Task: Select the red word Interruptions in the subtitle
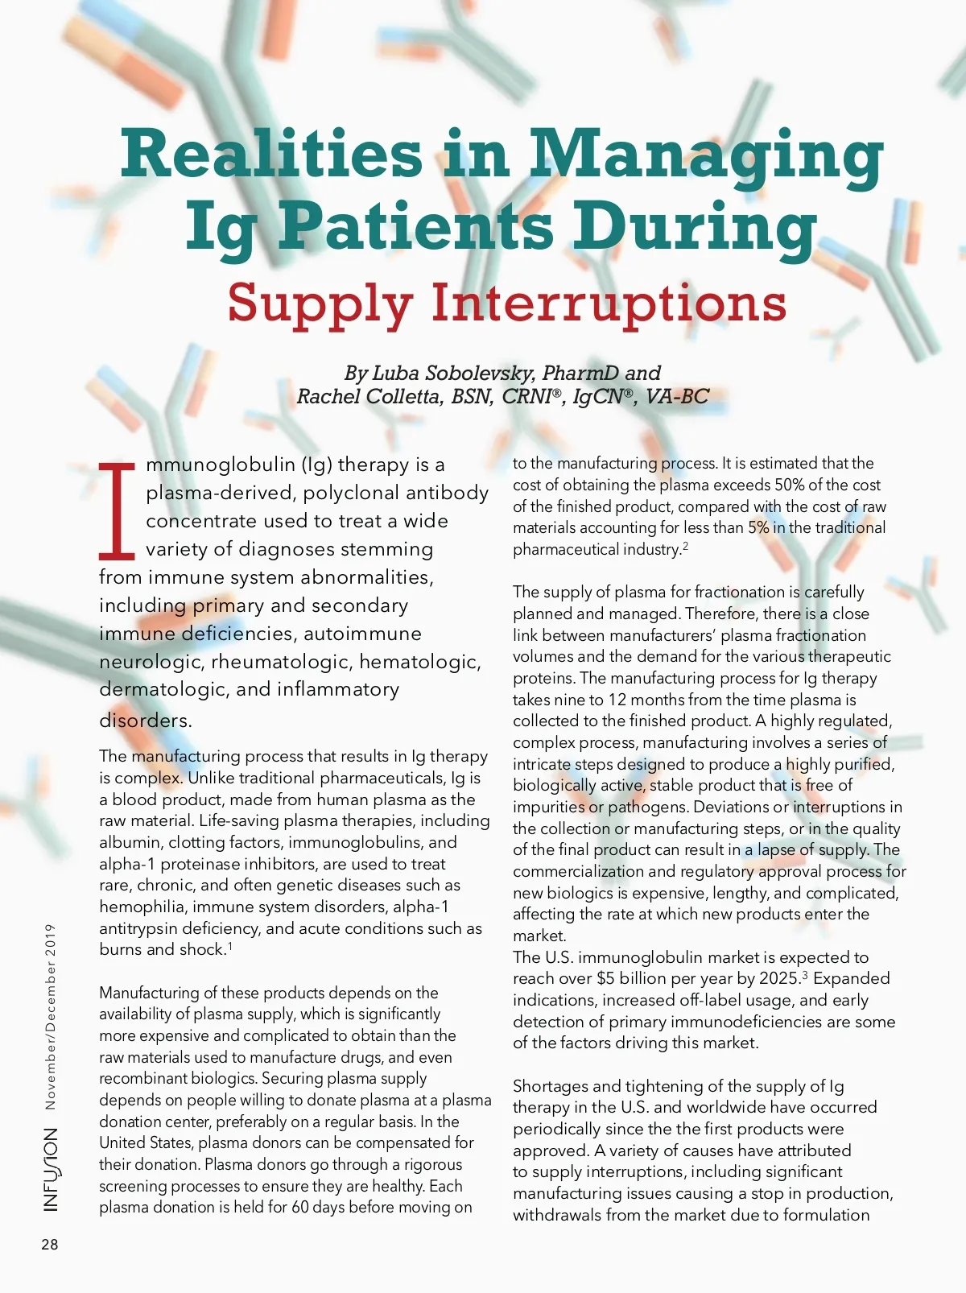tap(609, 303)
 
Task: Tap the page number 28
tap(50, 1245)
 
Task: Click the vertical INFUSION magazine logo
tap(51, 1169)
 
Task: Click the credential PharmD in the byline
tap(580, 374)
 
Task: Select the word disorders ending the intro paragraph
tap(145, 721)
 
